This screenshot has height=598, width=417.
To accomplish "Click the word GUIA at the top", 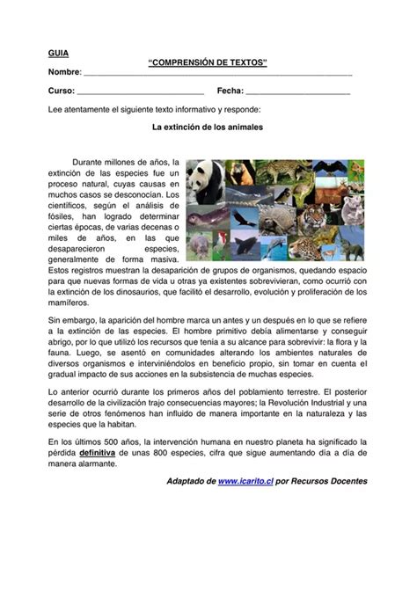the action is click(x=58, y=54).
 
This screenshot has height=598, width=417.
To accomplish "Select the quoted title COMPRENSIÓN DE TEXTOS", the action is click(x=208, y=63).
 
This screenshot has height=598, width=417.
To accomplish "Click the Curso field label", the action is click(x=61, y=91).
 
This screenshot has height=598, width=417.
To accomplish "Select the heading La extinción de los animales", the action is click(x=208, y=127).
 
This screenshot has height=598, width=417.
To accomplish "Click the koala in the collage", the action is click(x=351, y=209).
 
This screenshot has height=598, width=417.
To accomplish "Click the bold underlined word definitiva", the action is click(x=99, y=450).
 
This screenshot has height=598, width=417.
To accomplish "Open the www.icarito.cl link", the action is click(x=245, y=482).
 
